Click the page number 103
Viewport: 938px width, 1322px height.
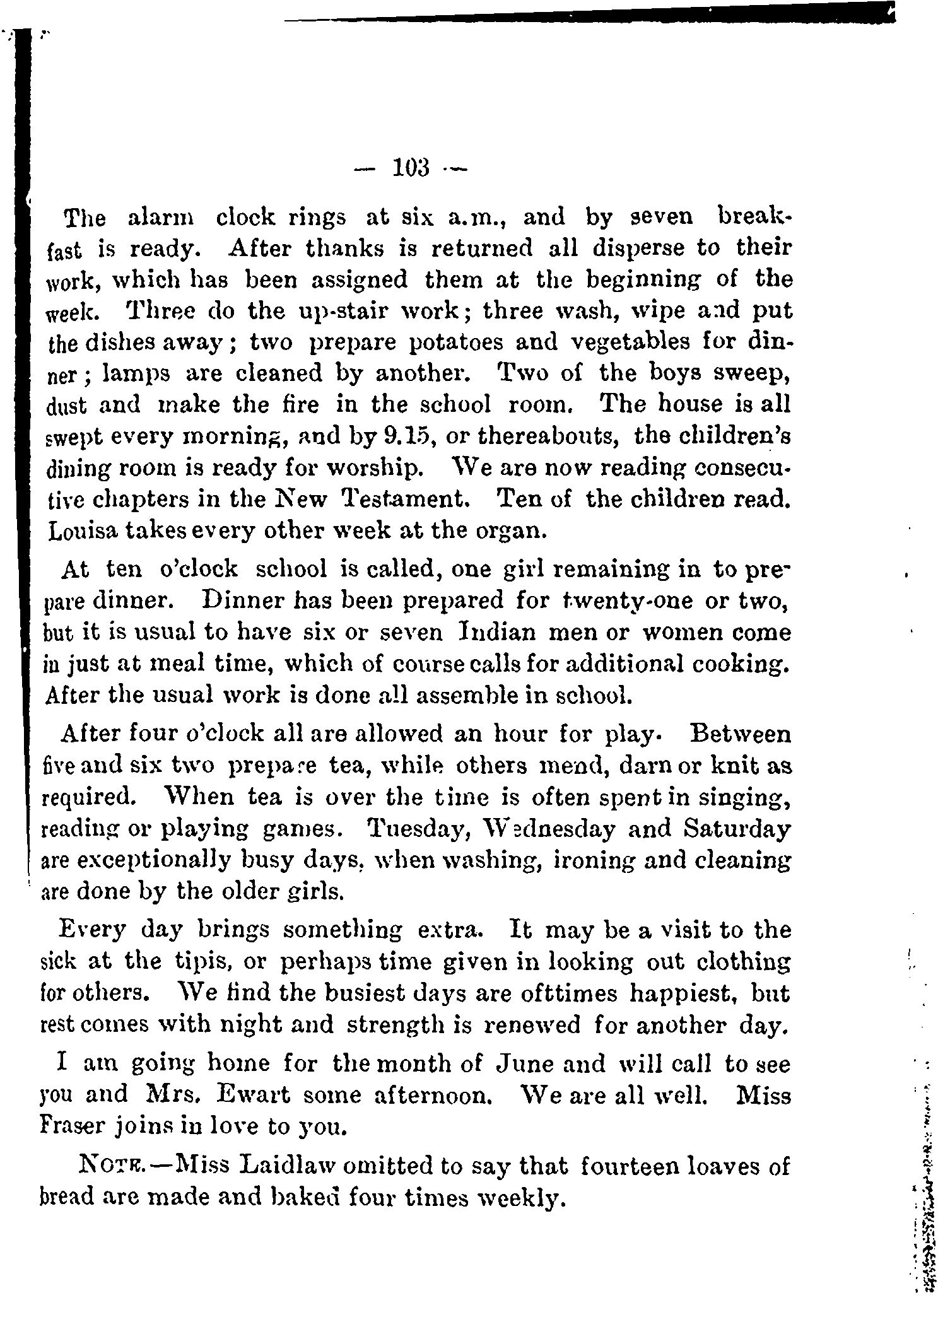point(411,168)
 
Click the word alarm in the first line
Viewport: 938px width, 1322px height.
point(161,218)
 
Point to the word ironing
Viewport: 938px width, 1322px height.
point(598,860)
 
